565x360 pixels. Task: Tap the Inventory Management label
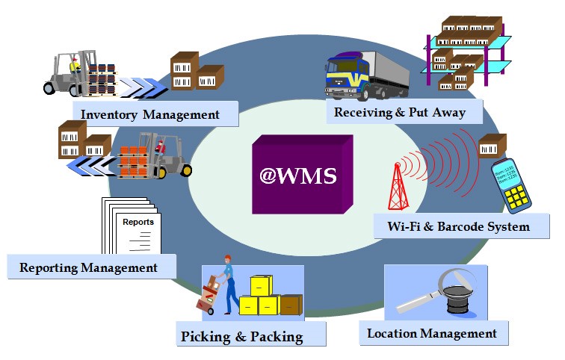150,114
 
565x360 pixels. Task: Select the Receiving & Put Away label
400,113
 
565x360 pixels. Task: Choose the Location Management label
432,333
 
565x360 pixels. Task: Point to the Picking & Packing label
242,336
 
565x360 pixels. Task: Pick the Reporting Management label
89,267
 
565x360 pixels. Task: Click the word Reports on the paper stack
138,222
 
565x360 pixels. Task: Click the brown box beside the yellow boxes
291,305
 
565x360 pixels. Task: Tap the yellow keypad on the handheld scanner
518,196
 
